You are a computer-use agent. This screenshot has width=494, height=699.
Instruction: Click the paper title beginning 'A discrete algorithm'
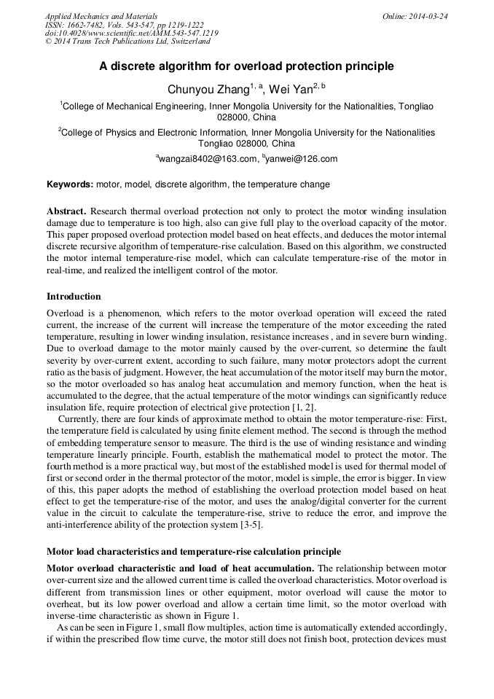(x=246, y=66)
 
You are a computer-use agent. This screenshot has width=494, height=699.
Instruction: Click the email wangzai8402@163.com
(x=208, y=159)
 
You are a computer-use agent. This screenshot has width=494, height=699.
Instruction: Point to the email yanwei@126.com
(x=302, y=159)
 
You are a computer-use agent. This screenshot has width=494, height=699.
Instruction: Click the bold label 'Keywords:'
(x=69, y=184)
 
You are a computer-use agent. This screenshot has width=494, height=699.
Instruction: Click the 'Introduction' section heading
(x=74, y=297)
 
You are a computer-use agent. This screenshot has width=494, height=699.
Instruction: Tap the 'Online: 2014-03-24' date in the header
(x=415, y=16)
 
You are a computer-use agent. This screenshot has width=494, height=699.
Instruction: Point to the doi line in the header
(x=131, y=34)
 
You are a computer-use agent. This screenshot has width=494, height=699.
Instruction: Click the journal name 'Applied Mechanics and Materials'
(x=101, y=16)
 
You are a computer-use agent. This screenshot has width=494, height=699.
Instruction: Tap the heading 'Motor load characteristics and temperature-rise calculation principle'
(x=193, y=551)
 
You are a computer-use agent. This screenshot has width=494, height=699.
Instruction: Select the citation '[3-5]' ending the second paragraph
(x=250, y=525)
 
